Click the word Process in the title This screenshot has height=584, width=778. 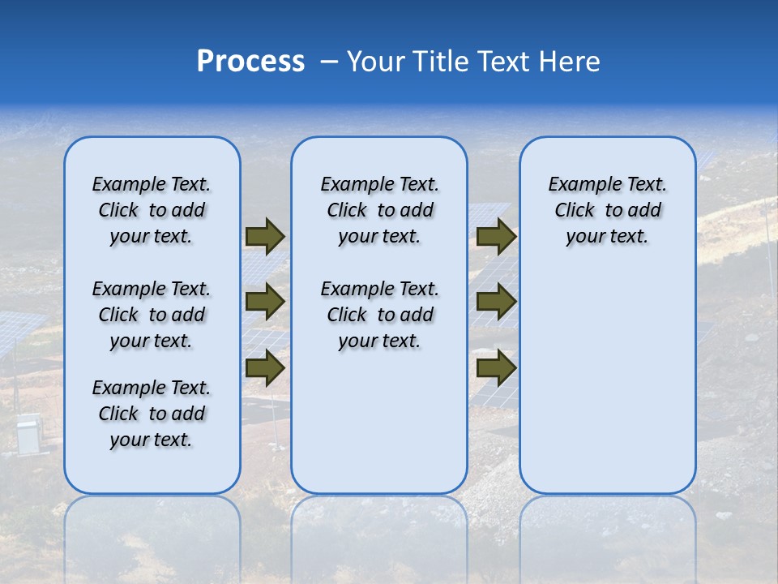(250, 61)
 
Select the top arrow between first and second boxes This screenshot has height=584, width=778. (264, 237)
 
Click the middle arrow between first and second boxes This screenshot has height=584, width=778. (264, 303)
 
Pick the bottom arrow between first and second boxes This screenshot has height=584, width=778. (264, 368)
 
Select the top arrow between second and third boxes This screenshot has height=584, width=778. (496, 237)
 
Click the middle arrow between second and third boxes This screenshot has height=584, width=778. (496, 303)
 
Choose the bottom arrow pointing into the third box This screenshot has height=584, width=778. (496, 368)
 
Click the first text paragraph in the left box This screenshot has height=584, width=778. (152, 210)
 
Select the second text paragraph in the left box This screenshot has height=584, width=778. (152, 315)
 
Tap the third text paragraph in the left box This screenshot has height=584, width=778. (152, 414)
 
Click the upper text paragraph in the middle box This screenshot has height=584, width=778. (379, 210)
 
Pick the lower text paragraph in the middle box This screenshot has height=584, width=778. (379, 315)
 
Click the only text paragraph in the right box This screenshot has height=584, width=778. (607, 210)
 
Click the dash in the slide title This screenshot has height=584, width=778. (329, 62)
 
